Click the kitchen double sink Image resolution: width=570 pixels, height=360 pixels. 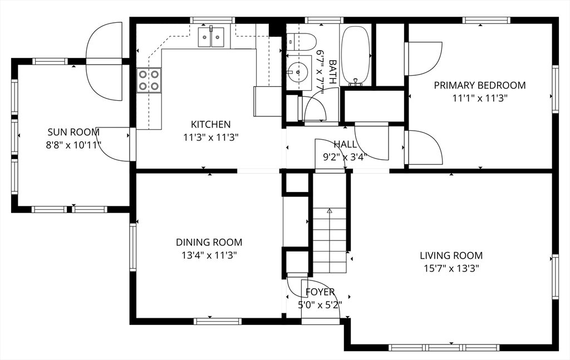pos(211,36)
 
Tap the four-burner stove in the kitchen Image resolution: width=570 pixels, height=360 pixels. pos(149,80)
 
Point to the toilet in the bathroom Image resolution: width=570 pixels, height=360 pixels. pos(300,42)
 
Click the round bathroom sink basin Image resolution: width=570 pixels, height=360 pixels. pos(298,72)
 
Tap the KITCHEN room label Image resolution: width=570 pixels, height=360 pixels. pos(211,124)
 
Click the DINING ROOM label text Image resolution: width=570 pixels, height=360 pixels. pos(209,242)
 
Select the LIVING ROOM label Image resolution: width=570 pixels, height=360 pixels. pos(451,255)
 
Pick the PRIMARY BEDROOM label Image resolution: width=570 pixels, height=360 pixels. pos(480,85)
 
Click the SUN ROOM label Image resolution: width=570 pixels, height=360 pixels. pos(73,131)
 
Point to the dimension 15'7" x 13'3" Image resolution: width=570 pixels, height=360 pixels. pos(451,268)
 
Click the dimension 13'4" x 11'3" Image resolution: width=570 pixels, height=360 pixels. pos(209,255)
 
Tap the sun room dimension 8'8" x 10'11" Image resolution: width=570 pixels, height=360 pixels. pos(73,145)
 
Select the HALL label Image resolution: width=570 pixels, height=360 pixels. pos(345,144)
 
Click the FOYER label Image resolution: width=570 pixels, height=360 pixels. pos(320,292)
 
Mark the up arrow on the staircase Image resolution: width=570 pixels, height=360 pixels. pos(330,210)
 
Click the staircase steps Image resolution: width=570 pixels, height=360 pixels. pos(330,240)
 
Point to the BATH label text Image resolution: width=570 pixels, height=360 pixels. pos(332,72)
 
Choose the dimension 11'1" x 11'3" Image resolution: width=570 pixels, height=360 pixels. pos(480,98)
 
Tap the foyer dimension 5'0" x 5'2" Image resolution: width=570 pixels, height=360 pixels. pos(320,305)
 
